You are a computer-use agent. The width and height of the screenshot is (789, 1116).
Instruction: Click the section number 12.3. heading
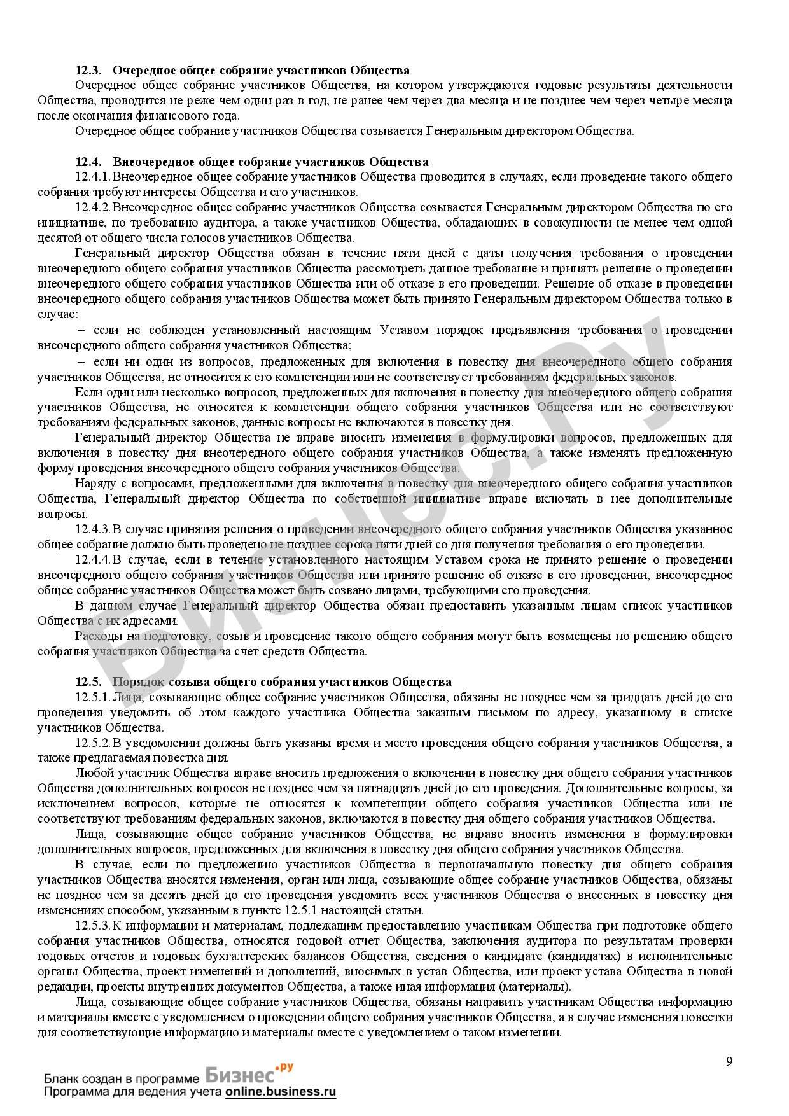(88, 70)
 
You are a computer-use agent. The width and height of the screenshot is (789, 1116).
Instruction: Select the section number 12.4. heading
(88, 162)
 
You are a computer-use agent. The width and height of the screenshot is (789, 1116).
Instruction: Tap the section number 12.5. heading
(88, 681)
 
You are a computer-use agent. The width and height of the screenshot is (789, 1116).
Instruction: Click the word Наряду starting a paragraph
(93, 484)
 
